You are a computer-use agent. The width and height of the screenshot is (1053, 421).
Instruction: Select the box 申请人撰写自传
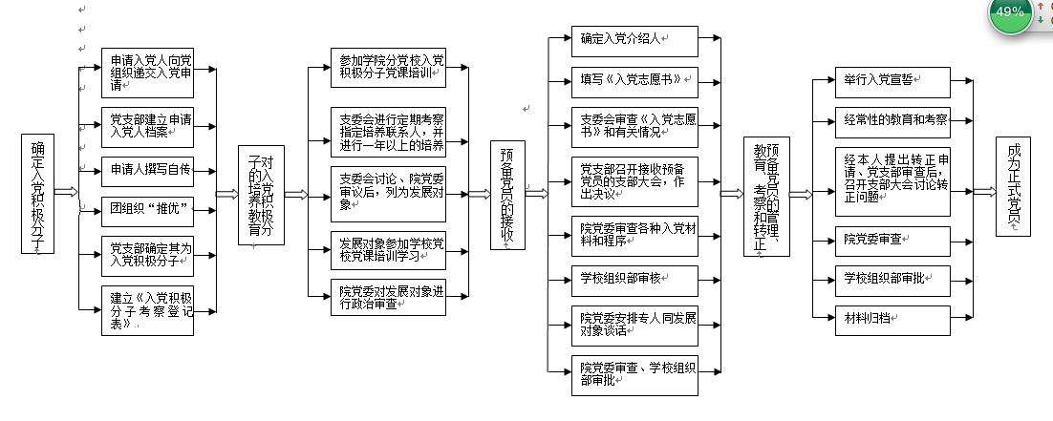point(147,170)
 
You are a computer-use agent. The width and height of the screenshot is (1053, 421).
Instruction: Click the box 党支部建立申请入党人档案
point(147,125)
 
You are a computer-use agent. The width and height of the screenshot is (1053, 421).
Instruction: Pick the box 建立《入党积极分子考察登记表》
point(147,310)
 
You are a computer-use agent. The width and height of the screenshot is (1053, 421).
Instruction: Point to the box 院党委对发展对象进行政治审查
point(392,299)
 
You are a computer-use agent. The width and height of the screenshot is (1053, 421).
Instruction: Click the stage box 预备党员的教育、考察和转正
point(765,195)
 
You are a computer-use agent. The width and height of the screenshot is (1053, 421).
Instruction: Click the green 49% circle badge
point(1009,13)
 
